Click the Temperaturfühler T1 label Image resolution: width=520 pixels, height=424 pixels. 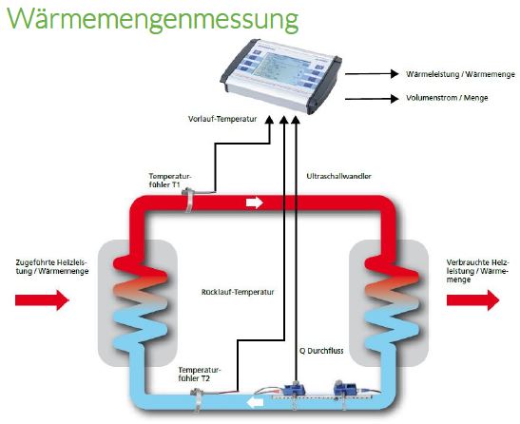(x=170, y=180)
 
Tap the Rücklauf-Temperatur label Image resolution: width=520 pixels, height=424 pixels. (x=239, y=292)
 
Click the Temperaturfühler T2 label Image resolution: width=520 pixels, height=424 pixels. (x=199, y=373)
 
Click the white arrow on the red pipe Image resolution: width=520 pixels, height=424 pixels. (x=254, y=203)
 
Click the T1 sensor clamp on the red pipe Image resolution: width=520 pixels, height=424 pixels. (x=189, y=201)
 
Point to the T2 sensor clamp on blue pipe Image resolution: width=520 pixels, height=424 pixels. (x=196, y=395)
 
